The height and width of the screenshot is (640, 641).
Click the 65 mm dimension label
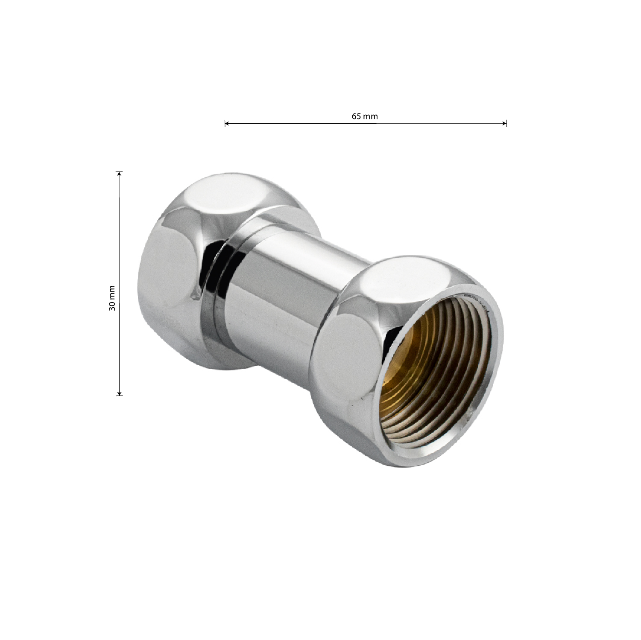[365, 116]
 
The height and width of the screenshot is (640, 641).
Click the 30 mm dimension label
[112, 297]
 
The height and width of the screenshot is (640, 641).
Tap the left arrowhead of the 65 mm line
[227, 124]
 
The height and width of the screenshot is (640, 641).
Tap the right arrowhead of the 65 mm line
[504, 124]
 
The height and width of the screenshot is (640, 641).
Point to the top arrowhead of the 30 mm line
[120, 174]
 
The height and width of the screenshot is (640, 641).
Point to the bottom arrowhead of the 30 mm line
[120, 393]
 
